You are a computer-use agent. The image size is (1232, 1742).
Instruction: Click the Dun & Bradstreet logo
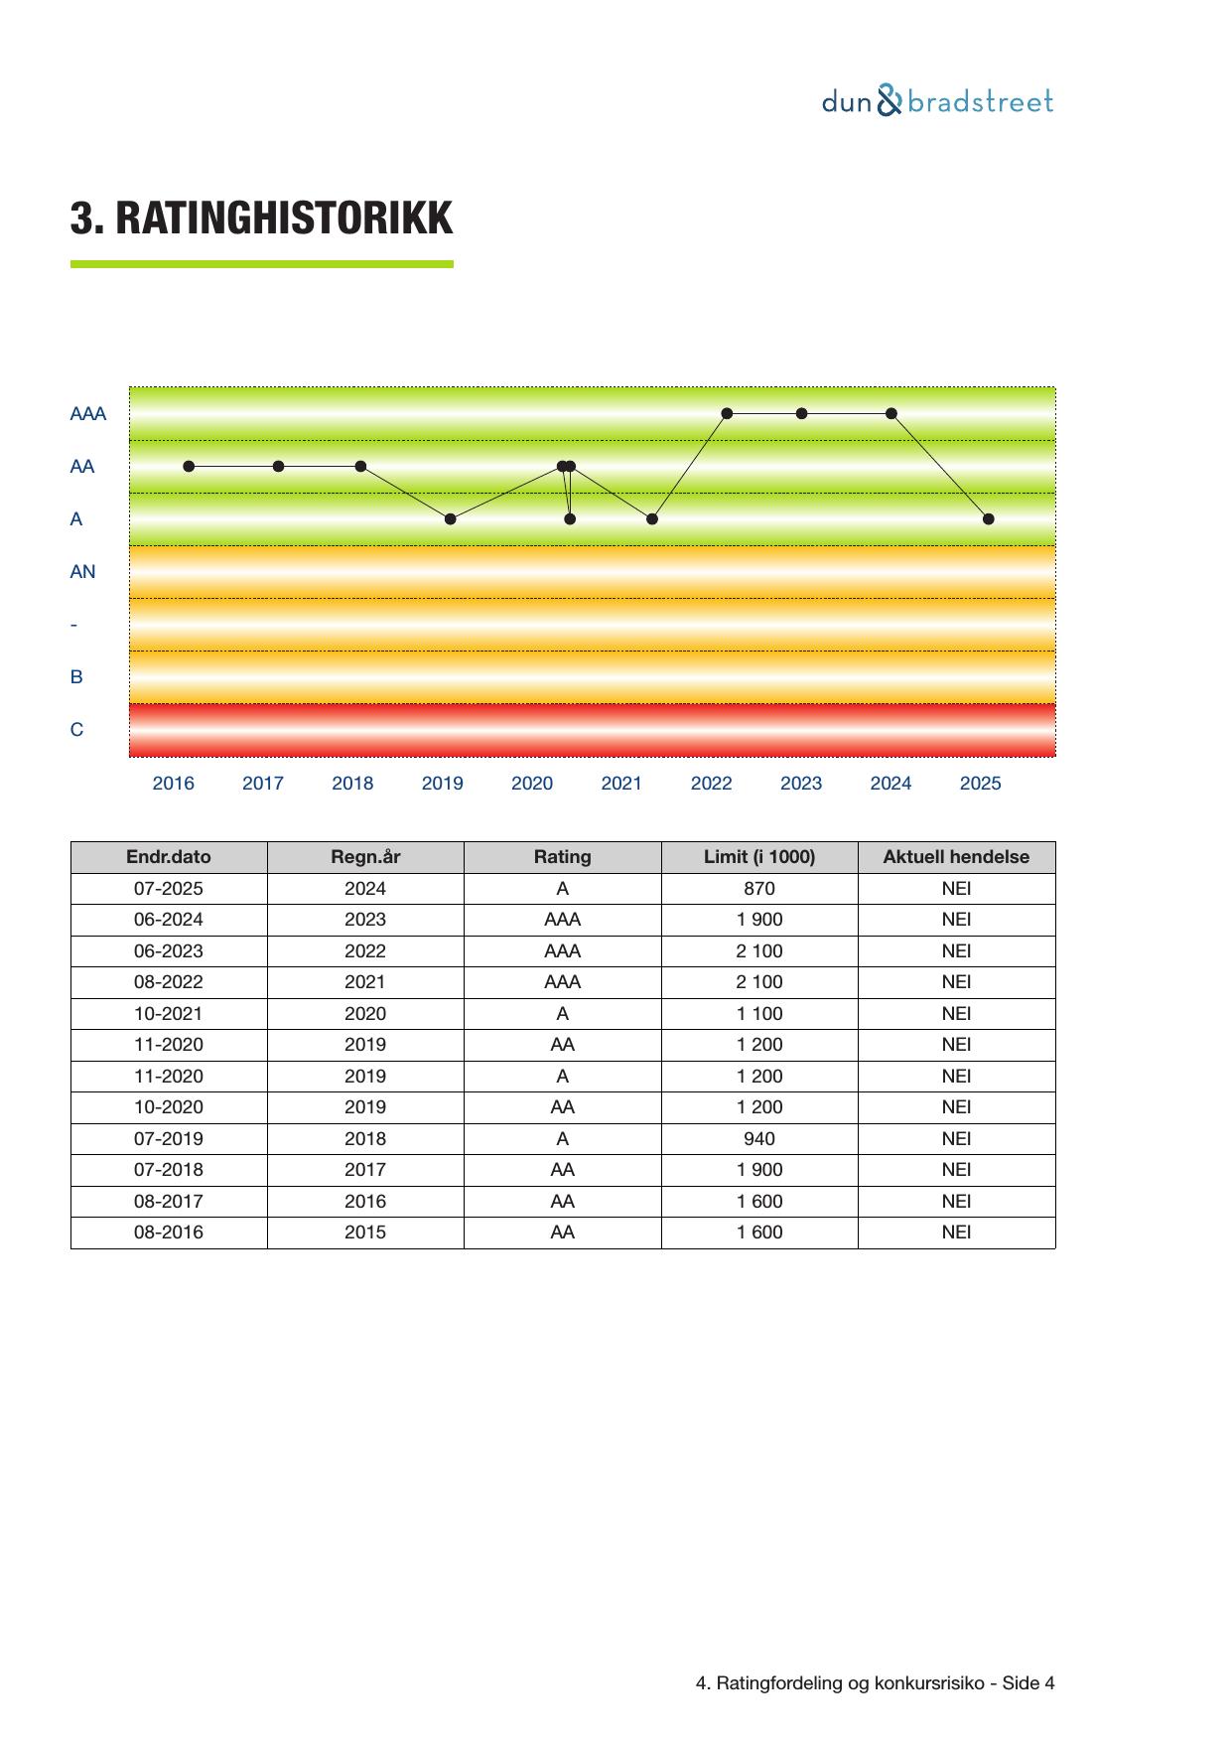coord(937,101)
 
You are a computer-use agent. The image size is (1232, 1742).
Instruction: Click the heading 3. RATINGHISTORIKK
coord(261,218)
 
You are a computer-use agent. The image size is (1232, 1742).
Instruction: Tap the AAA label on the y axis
coord(87,414)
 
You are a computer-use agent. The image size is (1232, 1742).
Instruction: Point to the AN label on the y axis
coord(82,572)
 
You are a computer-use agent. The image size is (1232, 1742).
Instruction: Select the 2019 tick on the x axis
coord(442,784)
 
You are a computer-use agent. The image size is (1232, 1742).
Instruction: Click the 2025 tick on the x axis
coord(980,784)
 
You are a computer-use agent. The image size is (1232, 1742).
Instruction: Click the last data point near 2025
coord(988,519)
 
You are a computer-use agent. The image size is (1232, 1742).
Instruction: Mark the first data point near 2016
coord(189,467)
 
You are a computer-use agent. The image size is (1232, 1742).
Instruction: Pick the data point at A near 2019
coord(451,519)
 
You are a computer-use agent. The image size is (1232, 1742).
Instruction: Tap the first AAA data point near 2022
coord(727,414)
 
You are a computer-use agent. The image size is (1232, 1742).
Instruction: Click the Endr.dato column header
coord(169,857)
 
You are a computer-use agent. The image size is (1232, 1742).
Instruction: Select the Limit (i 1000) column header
coord(759,857)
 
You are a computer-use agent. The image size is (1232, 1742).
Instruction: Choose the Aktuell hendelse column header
coord(956,857)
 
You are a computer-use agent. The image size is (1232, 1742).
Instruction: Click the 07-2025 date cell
coord(169,889)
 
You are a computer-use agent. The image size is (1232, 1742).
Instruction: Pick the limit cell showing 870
coord(759,889)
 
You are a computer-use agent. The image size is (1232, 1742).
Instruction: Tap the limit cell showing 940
coord(759,1139)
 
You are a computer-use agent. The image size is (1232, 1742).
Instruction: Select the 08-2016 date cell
coord(169,1233)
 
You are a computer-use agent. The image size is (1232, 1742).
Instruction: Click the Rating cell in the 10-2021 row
coord(563,1014)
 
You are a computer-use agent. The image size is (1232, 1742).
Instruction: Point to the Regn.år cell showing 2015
coord(365,1233)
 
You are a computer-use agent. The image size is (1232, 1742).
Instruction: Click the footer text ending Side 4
coord(875,1683)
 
